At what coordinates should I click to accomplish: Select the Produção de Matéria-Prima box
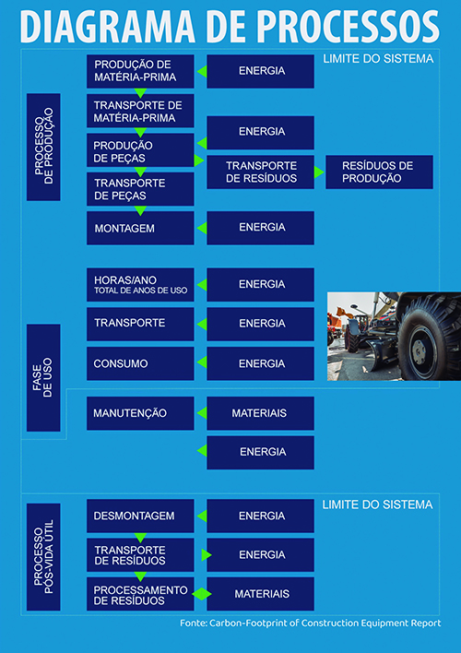tap(140, 71)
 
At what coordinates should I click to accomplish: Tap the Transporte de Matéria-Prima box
tap(140, 111)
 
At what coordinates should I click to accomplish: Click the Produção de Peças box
tap(140, 150)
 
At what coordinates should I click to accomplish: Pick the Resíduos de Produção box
tap(379, 172)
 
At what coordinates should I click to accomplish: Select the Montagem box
tap(140, 228)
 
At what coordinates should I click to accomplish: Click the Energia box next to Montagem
tap(260, 228)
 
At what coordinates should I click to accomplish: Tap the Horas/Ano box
tap(140, 284)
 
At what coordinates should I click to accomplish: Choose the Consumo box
tap(140, 363)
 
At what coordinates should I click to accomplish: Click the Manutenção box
tap(140, 413)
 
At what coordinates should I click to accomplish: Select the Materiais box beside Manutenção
tap(260, 413)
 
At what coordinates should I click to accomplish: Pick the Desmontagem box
tap(140, 516)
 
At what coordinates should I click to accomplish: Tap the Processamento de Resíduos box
tap(140, 594)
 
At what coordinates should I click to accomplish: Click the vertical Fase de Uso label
tap(43, 378)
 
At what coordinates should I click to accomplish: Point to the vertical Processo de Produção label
tap(43, 147)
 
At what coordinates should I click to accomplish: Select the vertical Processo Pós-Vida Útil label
tap(43, 557)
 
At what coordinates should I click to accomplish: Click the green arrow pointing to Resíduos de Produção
tap(319, 172)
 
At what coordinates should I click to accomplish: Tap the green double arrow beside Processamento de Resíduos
tap(202, 594)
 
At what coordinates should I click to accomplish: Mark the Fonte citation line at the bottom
tap(310, 623)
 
